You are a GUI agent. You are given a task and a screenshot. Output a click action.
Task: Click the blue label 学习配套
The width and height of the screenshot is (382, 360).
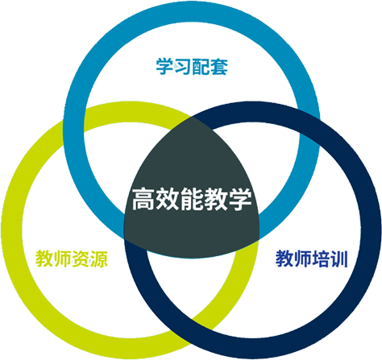pyautogui.click(x=192, y=67)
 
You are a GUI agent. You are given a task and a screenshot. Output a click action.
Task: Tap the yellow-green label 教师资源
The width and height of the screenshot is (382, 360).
pyautogui.click(x=72, y=259)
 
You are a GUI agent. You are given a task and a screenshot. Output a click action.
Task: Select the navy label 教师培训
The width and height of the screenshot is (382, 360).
pyautogui.click(x=312, y=259)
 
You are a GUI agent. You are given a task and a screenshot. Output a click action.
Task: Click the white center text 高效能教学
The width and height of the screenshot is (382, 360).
pyautogui.click(x=192, y=199)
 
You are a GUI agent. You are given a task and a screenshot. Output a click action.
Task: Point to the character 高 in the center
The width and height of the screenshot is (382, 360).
pyautogui.click(x=143, y=199)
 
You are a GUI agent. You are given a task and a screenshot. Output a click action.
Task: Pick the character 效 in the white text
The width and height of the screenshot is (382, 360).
pyautogui.click(x=168, y=199)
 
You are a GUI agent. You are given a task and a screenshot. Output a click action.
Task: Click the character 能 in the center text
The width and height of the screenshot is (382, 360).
pyautogui.click(x=192, y=199)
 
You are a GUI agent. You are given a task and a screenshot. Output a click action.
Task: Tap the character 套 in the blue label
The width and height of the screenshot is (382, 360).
pyautogui.click(x=219, y=67)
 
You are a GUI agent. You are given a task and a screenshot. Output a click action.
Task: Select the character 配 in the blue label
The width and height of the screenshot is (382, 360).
pyautogui.click(x=201, y=67)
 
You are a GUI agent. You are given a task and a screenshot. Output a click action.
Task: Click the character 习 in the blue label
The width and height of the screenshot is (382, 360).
pyautogui.click(x=183, y=67)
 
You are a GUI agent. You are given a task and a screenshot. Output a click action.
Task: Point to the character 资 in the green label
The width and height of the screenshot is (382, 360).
pyautogui.click(x=81, y=259)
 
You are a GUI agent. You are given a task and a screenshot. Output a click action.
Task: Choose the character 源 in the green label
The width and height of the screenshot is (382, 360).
pyautogui.click(x=99, y=259)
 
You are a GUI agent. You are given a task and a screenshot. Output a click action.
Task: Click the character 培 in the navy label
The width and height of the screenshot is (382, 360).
pyautogui.click(x=321, y=259)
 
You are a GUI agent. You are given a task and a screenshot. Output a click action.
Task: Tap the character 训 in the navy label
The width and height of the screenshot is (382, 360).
pyautogui.click(x=339, y=259)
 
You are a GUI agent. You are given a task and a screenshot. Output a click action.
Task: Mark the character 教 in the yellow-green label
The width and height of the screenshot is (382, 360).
pyautogui.click(x=44, y=259)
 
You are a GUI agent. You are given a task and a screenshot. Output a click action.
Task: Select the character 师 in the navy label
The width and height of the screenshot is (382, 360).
pyautogui.click(x=302, y=259)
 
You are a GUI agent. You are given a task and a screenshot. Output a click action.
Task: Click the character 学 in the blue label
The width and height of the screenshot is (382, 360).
pyautogui.click(x=164, y=67)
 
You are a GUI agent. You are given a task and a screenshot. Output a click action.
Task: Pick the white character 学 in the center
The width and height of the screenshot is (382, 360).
pyautogui.click(x=240, y=199)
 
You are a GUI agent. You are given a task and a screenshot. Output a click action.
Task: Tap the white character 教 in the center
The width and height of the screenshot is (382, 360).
pyautogui.click(x=216, y=199)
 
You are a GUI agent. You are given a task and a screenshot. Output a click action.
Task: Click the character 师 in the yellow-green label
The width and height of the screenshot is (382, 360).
pyautogui.click(x=63, y=259)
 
